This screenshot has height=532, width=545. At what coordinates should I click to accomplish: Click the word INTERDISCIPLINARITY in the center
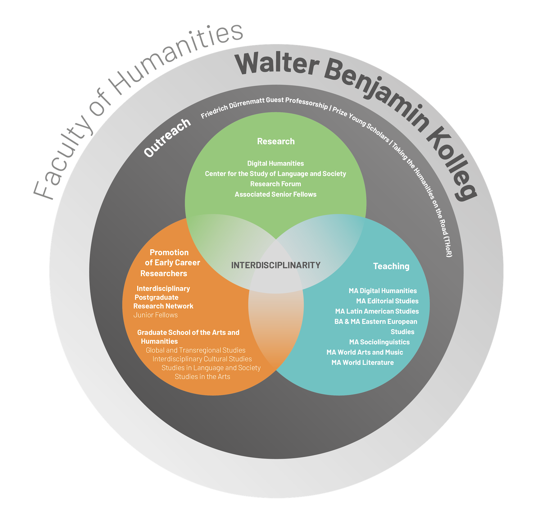(276, 265)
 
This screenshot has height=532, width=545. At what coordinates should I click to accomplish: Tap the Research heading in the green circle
(276, 141)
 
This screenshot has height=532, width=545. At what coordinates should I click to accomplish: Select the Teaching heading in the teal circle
(391, 266)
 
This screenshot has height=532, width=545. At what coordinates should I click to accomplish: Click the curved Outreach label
(167, 138)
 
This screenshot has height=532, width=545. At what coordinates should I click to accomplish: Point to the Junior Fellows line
(156, 315)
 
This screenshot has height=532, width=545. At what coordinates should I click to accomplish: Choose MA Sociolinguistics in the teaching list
(379, 342)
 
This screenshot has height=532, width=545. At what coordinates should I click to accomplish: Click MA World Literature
(362, 362)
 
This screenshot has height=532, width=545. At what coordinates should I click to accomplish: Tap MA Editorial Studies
(387, 301)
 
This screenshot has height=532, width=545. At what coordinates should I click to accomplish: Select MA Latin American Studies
(377, 311)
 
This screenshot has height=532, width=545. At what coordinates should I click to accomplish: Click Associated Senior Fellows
(275, 194)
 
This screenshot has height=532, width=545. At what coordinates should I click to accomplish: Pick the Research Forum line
(275, 184)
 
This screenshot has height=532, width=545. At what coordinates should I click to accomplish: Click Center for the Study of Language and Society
(275, 174)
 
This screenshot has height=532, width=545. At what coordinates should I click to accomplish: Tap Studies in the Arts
(202, 377)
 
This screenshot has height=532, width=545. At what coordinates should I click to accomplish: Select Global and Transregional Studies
(196, 350)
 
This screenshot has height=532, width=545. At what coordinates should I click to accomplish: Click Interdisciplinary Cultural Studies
(202, 359)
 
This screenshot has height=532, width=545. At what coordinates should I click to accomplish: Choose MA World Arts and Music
(365, 352)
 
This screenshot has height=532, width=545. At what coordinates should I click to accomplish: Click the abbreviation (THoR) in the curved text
(448, 247)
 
